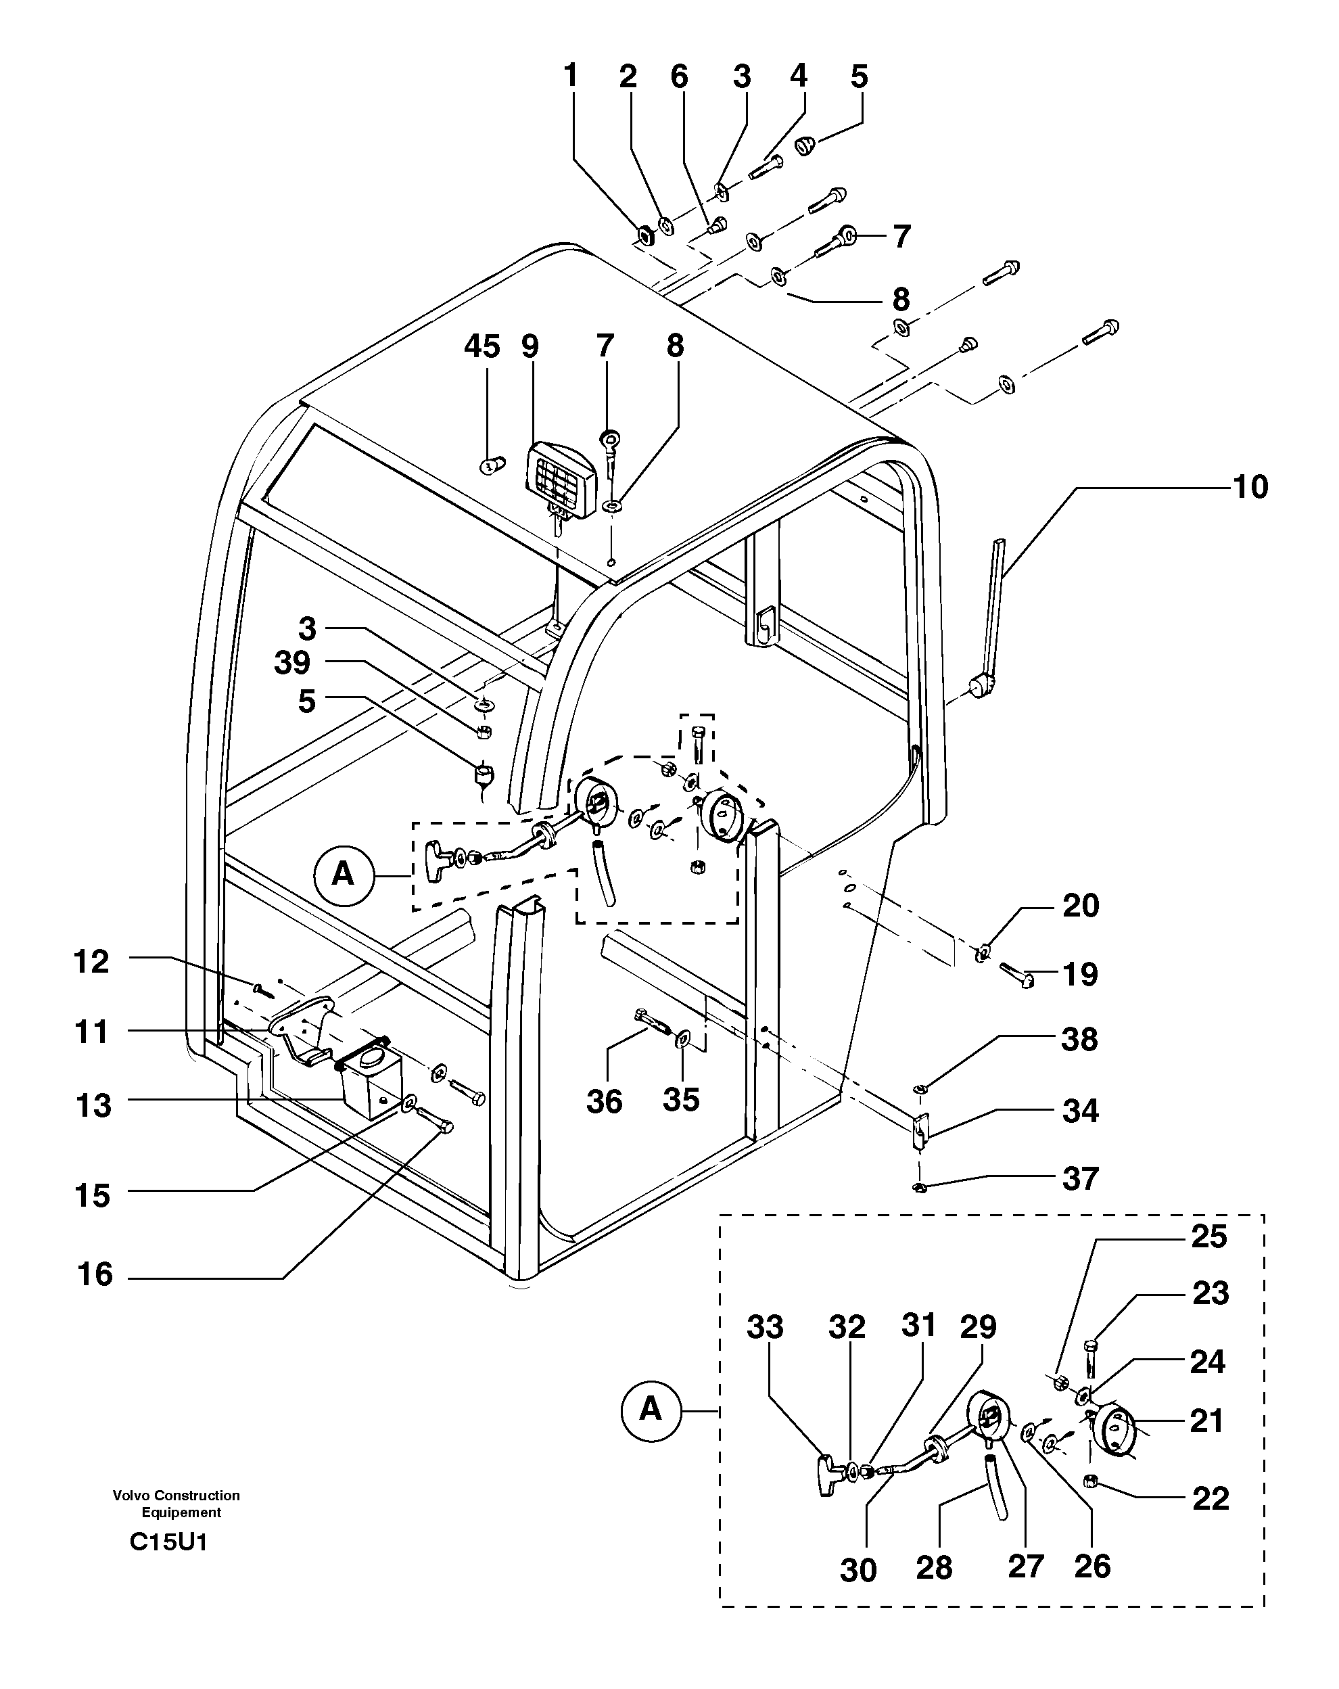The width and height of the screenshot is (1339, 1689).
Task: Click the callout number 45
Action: [481, 346]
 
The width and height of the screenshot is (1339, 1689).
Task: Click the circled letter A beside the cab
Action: [342, 873]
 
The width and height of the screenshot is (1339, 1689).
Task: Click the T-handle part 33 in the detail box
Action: [829, 1475]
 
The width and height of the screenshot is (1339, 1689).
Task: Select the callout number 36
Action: [604, 1101]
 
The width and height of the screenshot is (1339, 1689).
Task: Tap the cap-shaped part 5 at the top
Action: [805, 145]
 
